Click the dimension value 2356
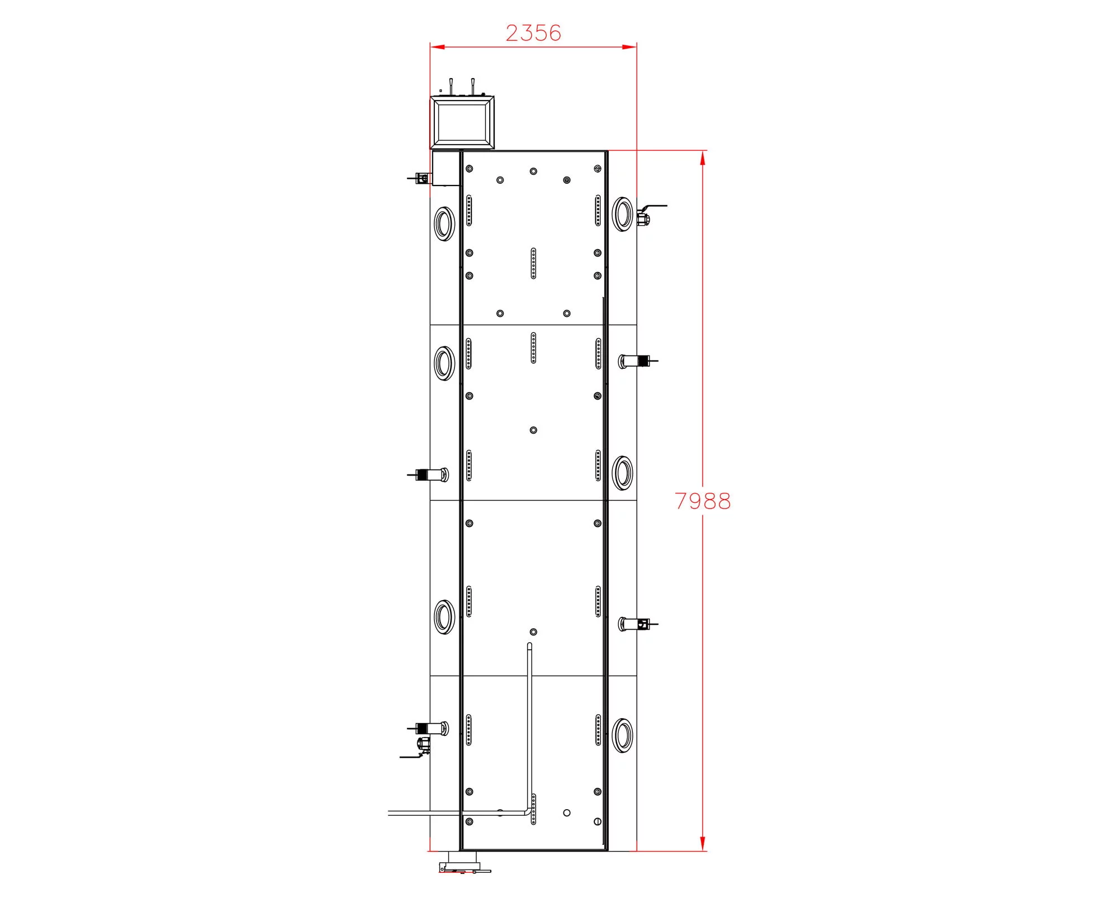click(533, 33)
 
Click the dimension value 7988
click(703, 501)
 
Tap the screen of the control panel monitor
click(462, 123)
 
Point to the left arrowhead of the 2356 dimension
click(437, 47)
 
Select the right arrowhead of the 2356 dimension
click(629, 47)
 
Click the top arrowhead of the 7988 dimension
click(703, 158)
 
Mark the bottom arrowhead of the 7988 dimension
click(703, 844)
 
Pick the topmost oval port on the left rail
click(444, 224)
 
